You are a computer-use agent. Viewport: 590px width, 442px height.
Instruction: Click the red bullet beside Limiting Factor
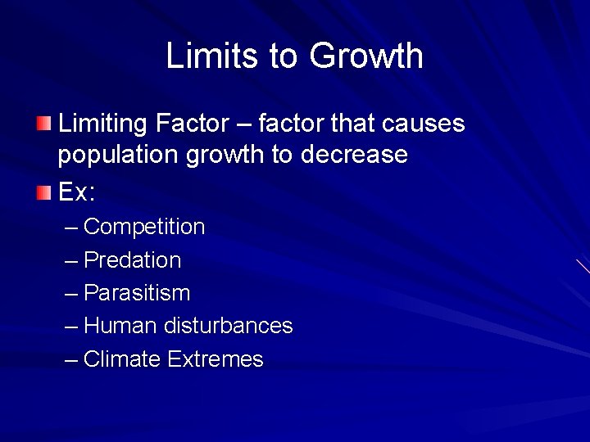(x=43, y=125)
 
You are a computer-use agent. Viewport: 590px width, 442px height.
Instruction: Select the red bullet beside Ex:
(x=43, y=193)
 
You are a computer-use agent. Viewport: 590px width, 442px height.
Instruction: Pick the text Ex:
(x=77, y=193)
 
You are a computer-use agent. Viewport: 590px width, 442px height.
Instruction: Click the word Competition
(x=144, y=227)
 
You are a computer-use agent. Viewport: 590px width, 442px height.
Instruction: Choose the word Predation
(x=133, y=260)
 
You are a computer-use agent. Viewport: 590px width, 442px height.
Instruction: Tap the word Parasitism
(x=137, y=293)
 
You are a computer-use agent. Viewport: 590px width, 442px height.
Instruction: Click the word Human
(x=120, y=326)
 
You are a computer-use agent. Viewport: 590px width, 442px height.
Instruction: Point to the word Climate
(x=122, y=359)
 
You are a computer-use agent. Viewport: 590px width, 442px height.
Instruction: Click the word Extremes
(x=216, y=359)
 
